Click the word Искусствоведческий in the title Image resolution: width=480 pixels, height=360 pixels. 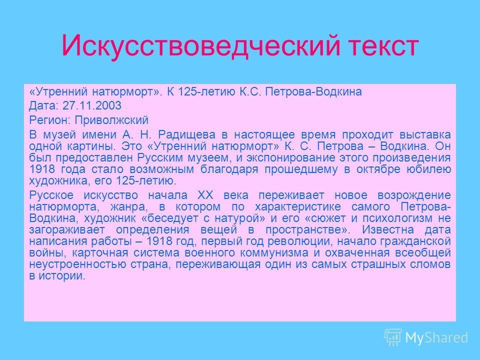click(x=201, y=46)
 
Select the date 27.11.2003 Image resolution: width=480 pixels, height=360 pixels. click(x=92, y=105)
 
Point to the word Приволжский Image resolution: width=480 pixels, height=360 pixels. click(x=111, y=120)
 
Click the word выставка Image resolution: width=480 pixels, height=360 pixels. click(x=425, y=135)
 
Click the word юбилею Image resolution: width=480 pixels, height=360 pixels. click(x=428, y=169)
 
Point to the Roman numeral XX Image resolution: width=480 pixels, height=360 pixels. click(x=205, y=195)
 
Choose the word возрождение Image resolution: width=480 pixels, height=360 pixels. click(x=414, y=195)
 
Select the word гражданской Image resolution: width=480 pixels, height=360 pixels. click(x=415, y=241)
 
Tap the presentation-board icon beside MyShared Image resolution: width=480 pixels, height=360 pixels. click(x=393, y=337)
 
